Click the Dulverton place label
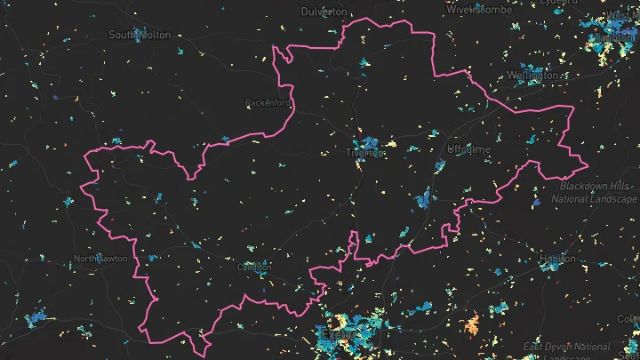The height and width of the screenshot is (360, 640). (x=324, y=12)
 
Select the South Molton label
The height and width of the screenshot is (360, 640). (x=139, y=34)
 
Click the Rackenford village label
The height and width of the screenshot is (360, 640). (x=268, y=103)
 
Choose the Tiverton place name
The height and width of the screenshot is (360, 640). (x=364, y=153)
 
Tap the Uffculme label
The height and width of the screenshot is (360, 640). (x=469, y=150)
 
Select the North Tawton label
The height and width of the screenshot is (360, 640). (x=100, y=259)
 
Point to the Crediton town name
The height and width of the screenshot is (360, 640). (x=254, y=266)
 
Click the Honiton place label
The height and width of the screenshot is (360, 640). (x=557, y=259)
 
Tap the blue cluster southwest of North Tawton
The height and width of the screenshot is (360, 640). (x=36, y=316)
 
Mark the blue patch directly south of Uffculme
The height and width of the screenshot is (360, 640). (x=426, y=199)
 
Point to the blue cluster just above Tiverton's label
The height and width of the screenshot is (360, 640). (x=368, y=142)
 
